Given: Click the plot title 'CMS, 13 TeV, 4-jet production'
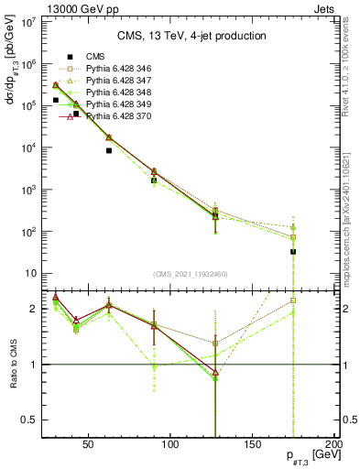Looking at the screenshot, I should pyautogui.click(x=191, y=37).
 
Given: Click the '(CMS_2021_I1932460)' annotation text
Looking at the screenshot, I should pyautogui.click(x=191, y=274).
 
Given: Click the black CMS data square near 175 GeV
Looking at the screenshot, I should pyautogui.click(x=293, y=252).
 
